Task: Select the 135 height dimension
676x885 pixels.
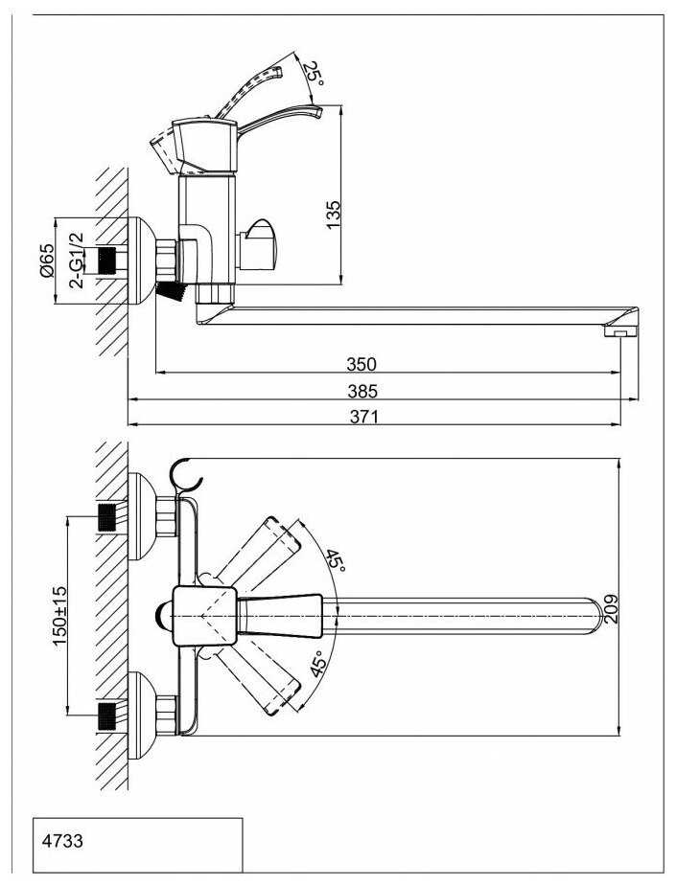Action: click(x=334, y=214)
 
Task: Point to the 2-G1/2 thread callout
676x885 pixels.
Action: click(x=77, y=261)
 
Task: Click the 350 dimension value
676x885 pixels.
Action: click(x=361, y=364)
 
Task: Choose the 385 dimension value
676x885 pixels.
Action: click(x=362, y=391)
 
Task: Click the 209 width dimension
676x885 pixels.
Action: click(x=612, y=608)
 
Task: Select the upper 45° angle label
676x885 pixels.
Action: click(x=335, y=560)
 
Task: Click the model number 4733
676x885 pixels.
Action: click(x=62, y=841)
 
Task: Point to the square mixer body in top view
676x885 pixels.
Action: click(x=204, y=615)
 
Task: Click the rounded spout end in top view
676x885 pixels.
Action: click(x=592, y=615)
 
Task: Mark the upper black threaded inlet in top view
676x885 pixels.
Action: click(x=108, y=517)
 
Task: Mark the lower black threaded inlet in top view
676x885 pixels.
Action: click(x=108, y=715)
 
